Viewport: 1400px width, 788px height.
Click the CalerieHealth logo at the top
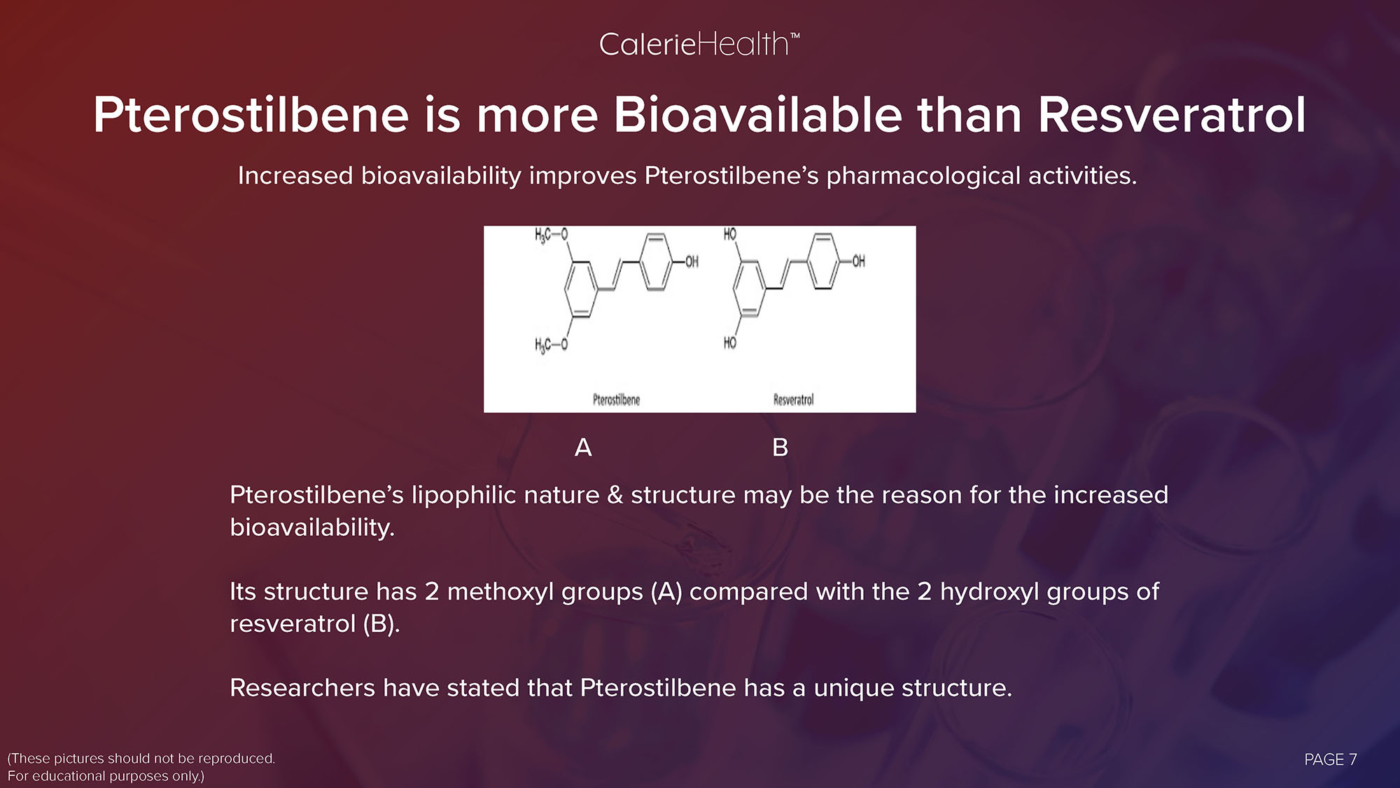pos(699,45)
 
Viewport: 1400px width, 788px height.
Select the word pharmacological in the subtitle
pos(923,176)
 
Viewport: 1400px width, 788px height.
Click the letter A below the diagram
pos(583,447)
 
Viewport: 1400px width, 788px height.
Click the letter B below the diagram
pos(780,447)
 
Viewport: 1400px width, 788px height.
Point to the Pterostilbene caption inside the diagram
pos(616,400)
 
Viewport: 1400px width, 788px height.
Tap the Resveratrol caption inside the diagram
pos(793,400)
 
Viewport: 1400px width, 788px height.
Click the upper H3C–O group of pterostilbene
pos(551,235)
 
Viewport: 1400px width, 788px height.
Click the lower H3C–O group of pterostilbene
pos(551,345)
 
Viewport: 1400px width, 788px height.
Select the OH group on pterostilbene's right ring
pos(691,262)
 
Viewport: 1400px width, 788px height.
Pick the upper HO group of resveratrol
pos(730,234)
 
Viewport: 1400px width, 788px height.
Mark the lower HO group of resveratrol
pos(730,343)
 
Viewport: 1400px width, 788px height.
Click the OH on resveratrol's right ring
pos(857,261)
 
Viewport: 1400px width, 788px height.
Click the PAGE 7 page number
pos(1331,759)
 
